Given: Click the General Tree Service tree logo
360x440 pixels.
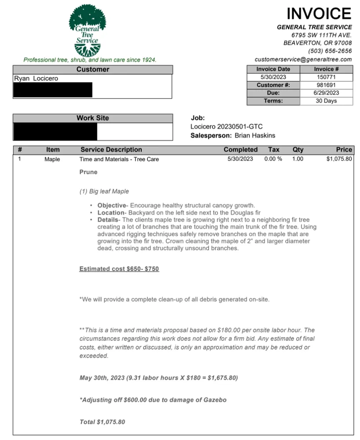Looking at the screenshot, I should [87, 30].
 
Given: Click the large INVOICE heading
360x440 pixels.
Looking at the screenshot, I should [319, 14].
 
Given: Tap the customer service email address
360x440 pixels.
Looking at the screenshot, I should [303, 59].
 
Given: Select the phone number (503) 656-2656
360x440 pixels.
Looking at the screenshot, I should [330, 51].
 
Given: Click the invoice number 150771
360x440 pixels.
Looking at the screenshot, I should [326, 77].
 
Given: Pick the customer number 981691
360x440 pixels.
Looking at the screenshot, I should [326, 85].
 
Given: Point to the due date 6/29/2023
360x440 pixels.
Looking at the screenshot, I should [326, 93].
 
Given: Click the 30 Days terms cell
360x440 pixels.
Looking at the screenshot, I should [326, 101].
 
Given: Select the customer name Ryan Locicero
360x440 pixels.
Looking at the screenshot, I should [36, 79].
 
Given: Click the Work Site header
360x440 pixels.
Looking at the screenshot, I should [92, 118].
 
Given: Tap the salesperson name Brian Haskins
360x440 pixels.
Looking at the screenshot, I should [255, 136].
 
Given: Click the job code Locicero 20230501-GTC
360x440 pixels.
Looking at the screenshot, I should [226, 127].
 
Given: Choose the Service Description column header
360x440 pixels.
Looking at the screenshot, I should [111, 150].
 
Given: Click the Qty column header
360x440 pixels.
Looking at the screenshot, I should [298, 150].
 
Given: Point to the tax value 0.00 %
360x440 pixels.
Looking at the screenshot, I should [273, 159].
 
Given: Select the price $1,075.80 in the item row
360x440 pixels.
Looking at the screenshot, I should [339, 159].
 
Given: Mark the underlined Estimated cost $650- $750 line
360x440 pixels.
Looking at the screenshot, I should [119, 269].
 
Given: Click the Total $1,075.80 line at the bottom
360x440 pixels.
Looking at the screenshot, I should [102, 422].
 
